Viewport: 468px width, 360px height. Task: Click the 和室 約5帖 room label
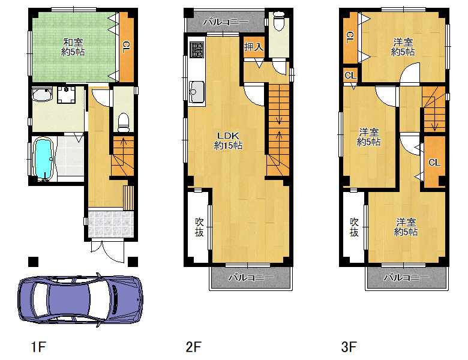click(73, 47)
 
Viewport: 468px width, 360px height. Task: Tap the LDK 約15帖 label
click(229, 140)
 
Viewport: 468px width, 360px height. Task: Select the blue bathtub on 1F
click(44, 159)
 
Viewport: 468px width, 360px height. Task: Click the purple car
click(80, 300)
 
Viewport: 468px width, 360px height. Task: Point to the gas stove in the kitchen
click(197, 49)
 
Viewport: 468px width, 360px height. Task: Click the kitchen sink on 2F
click(197, 92)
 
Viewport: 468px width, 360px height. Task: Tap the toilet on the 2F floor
click(279, 21)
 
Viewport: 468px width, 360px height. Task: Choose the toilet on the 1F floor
click(124, 122)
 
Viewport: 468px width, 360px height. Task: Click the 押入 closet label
click(254, 47)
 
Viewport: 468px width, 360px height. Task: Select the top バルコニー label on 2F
click(226, 22)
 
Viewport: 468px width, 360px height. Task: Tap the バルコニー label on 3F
click(406, 277)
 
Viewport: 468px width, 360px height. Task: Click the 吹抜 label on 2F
click(199, 227)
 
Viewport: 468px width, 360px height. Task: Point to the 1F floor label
click(38, 347)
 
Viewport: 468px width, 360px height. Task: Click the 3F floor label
click(349, 347)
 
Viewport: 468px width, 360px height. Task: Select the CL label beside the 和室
click(126, 47)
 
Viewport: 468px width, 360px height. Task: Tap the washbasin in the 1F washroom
click(42, 94)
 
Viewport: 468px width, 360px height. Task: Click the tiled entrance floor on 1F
click(111, 224)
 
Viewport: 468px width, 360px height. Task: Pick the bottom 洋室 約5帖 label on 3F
click(406, 227)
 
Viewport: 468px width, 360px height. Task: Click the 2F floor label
click(193, 347)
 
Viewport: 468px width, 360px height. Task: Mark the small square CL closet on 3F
click(350, 75)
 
